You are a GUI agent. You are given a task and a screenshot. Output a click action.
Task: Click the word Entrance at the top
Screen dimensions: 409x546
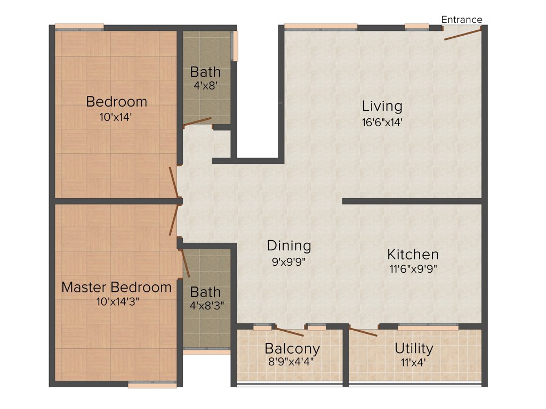click(x=462, y=20)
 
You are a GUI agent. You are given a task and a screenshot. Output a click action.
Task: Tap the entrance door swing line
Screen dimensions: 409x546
click(x=463, y=34)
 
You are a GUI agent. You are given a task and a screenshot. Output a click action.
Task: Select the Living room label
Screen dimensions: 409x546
click(x=382, y=105)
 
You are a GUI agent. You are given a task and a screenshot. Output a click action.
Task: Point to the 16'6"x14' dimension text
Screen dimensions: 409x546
click(x=382, y=122)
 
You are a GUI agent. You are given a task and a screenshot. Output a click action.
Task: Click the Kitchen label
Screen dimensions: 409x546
click(x=413, y=254)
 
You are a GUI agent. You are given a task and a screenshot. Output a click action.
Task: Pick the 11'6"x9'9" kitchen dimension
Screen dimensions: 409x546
click(x=413, y=269)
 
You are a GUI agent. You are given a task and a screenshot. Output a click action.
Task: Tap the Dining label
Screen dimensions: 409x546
click(x=289, y=246)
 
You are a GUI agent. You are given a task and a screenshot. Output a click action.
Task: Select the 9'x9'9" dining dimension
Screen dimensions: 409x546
click(x=289, y=261)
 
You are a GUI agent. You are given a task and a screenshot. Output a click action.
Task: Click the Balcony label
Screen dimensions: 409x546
click(x=292, y=349)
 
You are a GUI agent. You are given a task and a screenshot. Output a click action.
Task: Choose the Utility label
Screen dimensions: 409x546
click(x=414, y=348)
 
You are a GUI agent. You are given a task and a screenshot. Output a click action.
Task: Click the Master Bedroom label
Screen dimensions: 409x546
click(x=116, y=287)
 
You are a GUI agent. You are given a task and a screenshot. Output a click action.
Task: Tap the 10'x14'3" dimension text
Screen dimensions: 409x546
click(x=116, y=301)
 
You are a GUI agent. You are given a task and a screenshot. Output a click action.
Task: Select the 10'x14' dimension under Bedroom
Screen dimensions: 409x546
click(x=116, y=117)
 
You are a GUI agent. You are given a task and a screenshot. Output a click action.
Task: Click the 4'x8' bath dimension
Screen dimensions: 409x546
click(x=205, y=85)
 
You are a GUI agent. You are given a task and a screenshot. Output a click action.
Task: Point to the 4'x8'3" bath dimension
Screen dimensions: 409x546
click(x=205, y=306)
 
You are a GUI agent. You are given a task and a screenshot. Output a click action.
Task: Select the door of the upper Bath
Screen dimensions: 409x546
click(x=197, y=122)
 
